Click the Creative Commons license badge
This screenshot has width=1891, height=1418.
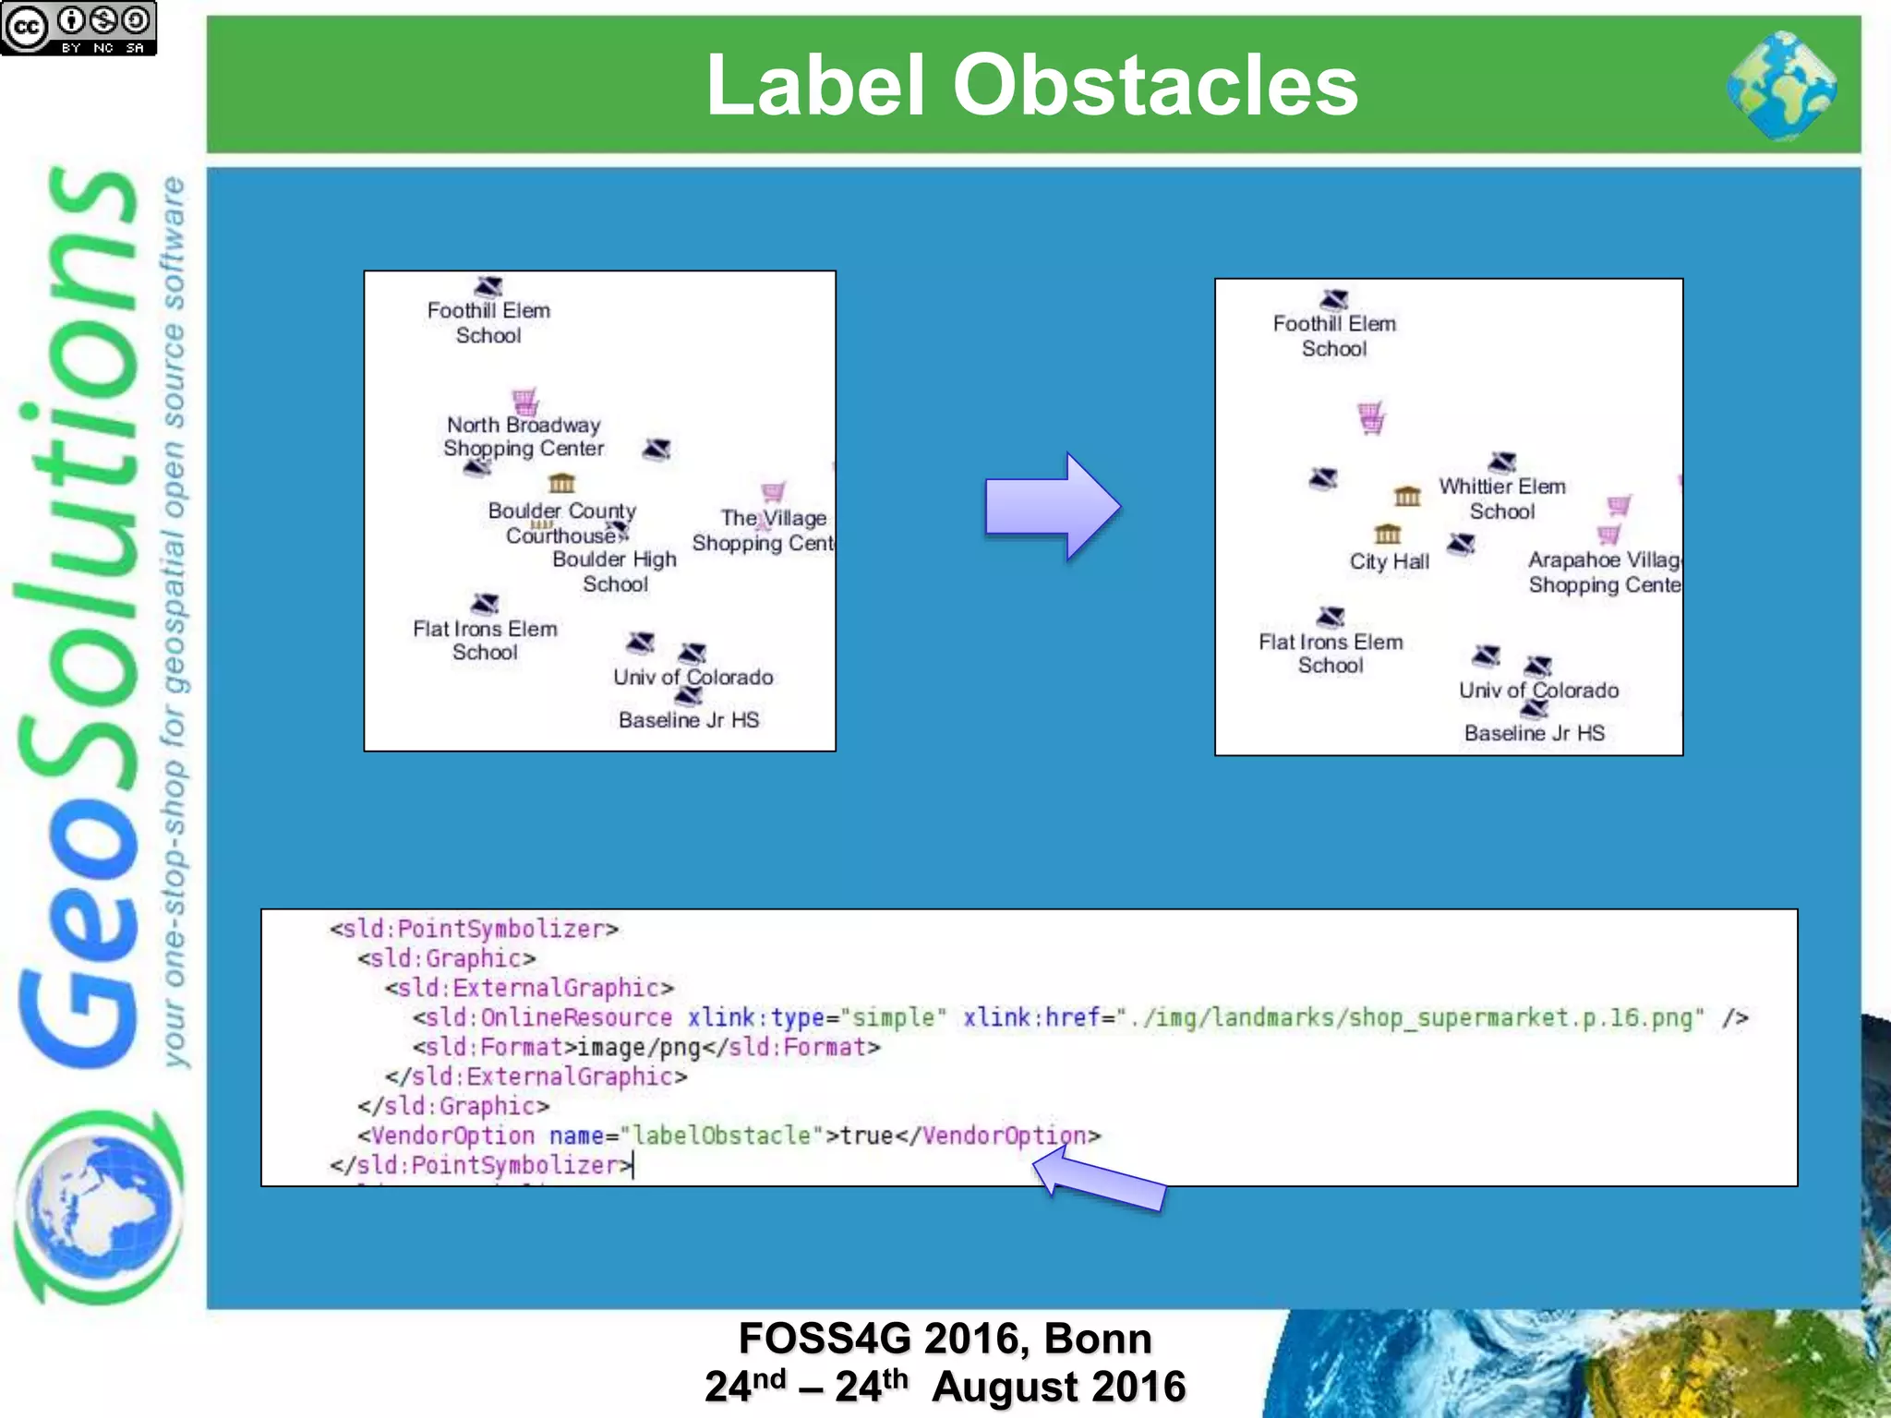78,28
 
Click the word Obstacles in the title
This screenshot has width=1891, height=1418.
1154,85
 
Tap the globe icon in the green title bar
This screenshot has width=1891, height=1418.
1781,85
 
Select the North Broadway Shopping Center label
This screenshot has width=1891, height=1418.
524,437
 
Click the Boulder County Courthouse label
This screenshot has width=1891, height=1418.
562,523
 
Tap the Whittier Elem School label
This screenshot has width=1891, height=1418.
1502,499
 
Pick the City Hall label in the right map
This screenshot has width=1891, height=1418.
1389,561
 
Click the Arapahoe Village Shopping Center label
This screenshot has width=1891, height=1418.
1605,572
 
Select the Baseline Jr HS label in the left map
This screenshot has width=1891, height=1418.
689,720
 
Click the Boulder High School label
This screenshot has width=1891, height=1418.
615,571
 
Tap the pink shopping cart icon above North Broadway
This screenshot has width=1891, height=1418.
525,402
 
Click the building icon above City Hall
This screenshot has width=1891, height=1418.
1387,535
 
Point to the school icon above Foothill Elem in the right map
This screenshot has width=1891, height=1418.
1334,299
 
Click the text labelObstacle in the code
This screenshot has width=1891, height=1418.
721,1135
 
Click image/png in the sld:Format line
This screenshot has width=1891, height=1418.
639,1047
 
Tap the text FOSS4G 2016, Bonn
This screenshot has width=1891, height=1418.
945,1339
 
